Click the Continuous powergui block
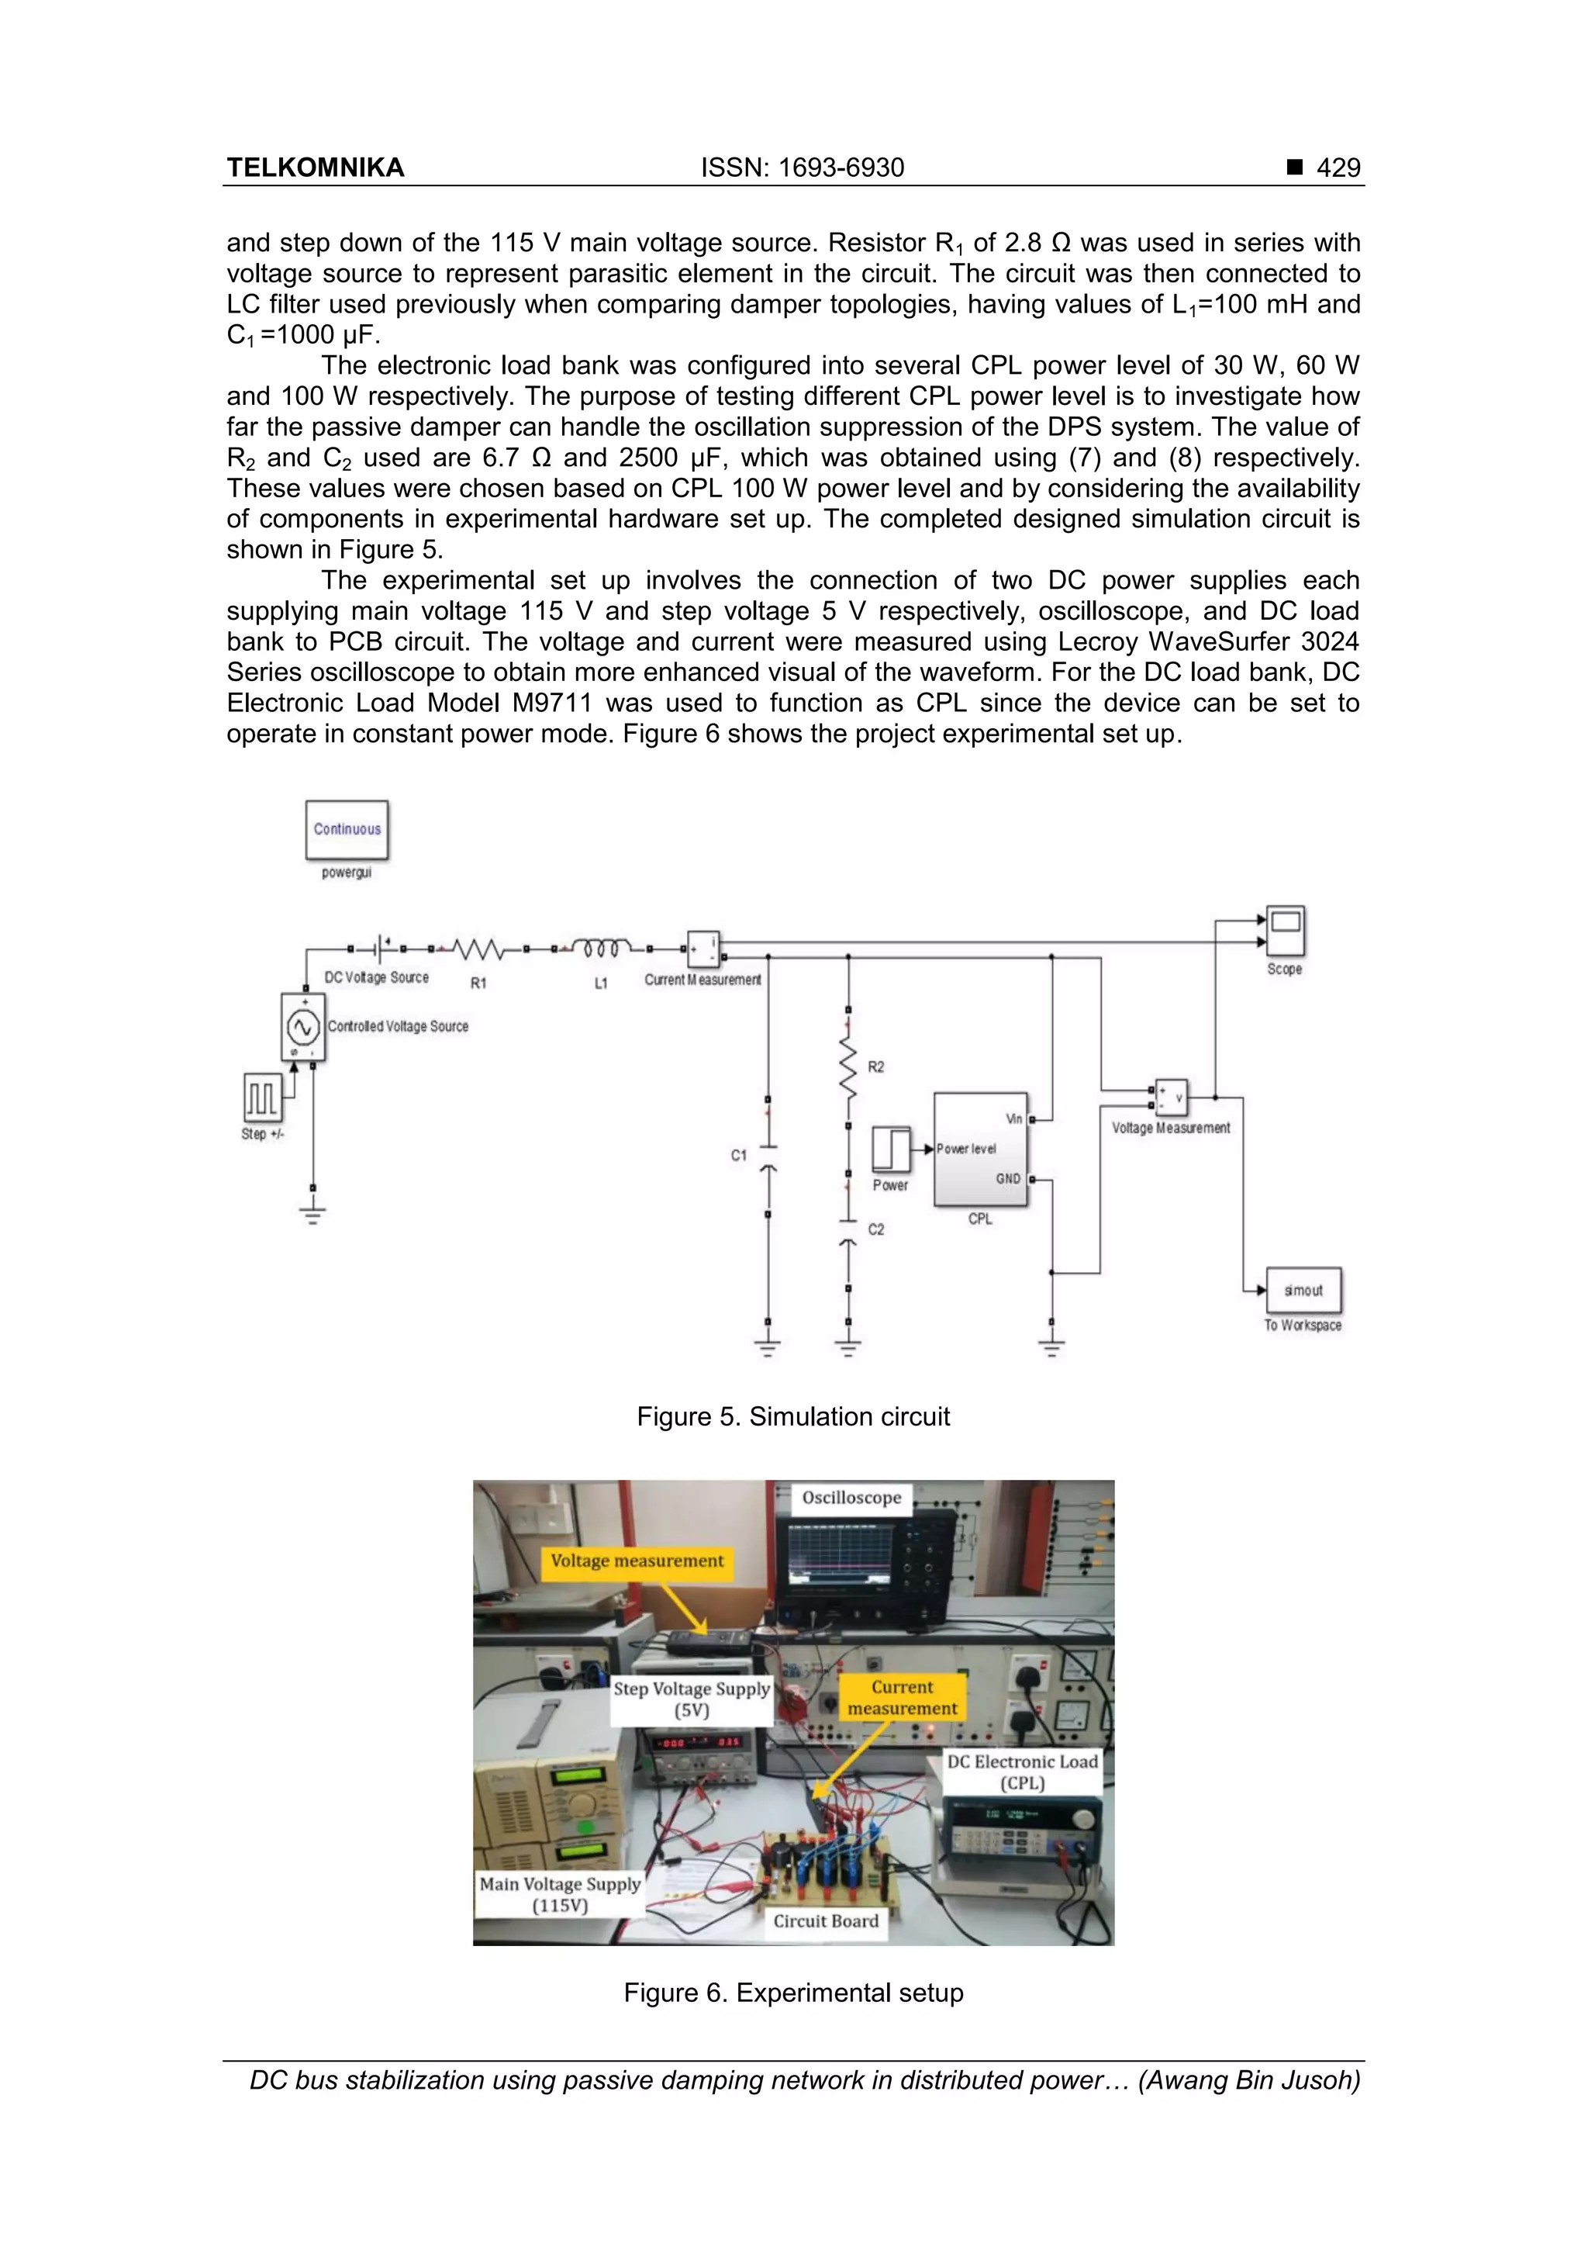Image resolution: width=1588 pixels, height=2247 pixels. pos(347,829)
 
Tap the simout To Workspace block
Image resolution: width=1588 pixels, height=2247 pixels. pos(1303,1290)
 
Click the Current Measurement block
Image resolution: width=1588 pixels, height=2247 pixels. pos(703,949)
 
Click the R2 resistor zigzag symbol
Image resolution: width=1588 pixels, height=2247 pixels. pos(848,1066)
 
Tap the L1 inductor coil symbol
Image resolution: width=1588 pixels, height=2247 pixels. pos(601,949)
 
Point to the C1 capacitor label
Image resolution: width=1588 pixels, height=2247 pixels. pos(739,1156)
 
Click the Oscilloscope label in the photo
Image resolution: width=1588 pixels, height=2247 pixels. pos(851,1497)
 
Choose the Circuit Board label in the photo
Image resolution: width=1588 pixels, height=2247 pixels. pos(826,1921)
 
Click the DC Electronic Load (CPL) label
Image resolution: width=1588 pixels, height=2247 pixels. pos(1023,1772)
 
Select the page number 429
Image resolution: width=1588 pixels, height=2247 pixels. pos(1338,168)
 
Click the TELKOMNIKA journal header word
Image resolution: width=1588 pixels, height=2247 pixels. pos(315,168)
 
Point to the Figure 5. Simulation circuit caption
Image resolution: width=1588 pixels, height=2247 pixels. pos(792,1416)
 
